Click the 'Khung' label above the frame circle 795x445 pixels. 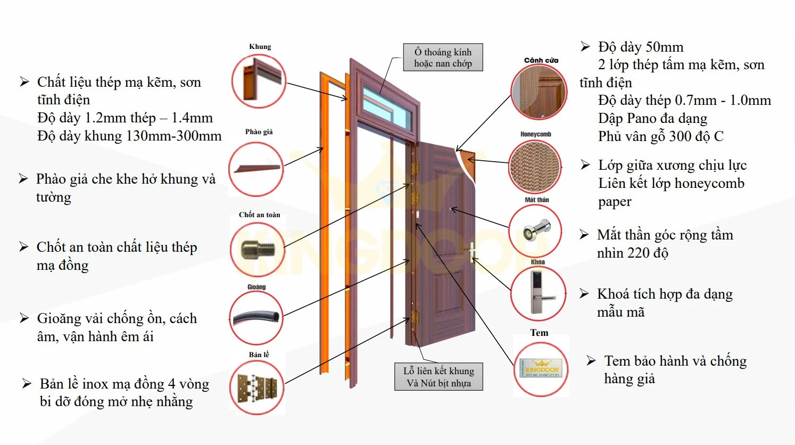260,47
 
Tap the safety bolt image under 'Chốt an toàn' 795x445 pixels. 258,250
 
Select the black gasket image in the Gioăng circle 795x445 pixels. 256,318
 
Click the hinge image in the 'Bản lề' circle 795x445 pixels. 257,387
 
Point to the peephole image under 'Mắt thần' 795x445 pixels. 535,231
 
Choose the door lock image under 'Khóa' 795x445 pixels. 538,293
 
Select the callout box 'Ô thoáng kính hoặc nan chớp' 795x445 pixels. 443,57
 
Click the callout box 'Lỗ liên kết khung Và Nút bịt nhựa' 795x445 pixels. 438,377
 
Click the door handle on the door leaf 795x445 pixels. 472,253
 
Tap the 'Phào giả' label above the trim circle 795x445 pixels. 259,132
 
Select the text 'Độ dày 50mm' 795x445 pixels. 640,47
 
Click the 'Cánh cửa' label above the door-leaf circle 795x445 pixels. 541,60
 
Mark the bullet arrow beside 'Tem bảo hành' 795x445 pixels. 591,361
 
